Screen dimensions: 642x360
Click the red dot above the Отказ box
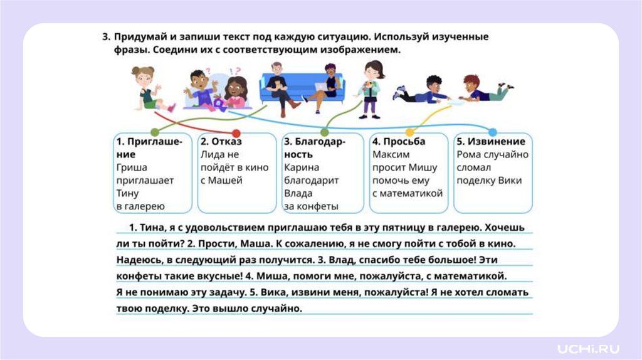[x=236, y=133]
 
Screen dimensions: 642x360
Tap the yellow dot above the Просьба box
[x=408, y=132]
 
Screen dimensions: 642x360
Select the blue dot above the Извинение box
[x=493, y=132]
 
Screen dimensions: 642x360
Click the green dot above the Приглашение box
[x=155, y=132]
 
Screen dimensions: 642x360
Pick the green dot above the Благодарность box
[x=324, y=132]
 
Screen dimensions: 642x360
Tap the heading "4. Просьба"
[x=399, y=142]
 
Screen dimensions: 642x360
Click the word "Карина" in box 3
[x=301, y=167]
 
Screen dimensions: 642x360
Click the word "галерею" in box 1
[x=145, y=206]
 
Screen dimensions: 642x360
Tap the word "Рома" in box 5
[x=470, y=154]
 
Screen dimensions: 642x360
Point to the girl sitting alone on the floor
[x=147, y=88]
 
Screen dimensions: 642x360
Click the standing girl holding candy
[x=371, y=88]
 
